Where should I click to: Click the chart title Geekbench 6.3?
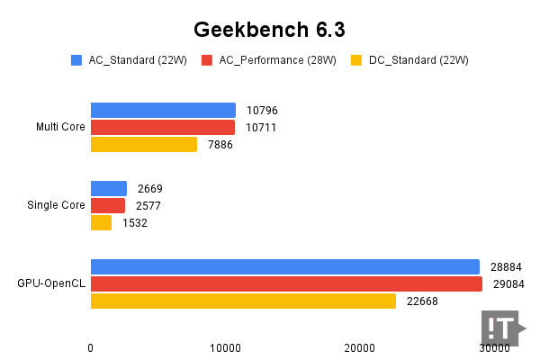[270, 29]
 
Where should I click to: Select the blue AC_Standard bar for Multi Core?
[163, 110]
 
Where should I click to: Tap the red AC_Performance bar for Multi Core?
[162, 127]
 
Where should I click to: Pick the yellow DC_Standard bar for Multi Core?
[143, 144]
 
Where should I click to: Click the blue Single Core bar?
[109, 188]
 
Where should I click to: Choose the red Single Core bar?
[108, 205]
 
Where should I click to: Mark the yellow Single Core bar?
[101, 222]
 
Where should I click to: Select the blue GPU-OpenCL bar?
[284, 266]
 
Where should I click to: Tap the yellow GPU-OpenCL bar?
[243, 301]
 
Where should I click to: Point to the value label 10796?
[262, 110]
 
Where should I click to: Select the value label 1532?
[135, 222]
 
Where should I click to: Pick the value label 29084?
[508, 283]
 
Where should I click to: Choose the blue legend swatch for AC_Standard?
[76, 60]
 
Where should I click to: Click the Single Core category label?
[56, 205]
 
